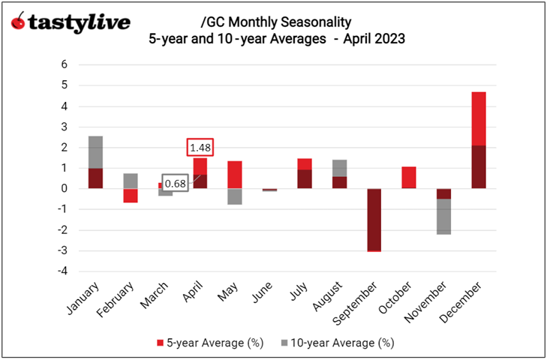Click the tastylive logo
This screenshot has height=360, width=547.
pos(71,22)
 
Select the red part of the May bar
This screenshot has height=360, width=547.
pos(235,175)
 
